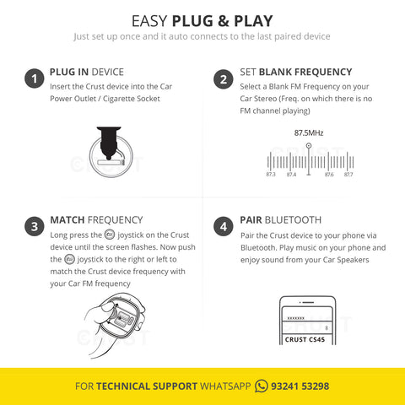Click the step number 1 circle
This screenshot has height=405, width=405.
(x=33, y=79)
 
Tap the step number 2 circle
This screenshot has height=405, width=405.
(x=223, y=79)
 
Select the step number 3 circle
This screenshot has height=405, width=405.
(x=33, y=225)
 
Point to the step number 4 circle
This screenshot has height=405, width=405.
(x=223, y=225)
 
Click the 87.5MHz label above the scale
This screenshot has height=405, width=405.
(x=309, y=132)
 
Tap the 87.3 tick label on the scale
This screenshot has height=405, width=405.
(x=271, y=175)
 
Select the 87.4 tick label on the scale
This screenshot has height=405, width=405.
(x=291, y=175)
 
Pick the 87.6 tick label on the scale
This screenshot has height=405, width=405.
(x=328, y=175)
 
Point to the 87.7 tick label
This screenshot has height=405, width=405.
(x=348, y=175)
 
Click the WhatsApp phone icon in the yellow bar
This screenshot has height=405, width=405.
(x=262, y=386)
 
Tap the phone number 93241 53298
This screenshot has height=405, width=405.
(x=300, y=386)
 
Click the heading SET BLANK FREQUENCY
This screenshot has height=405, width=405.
(x=284, y=73)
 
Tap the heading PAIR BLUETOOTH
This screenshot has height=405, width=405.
(x=280, y=219)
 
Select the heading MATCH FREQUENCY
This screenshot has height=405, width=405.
(x=96, y=219)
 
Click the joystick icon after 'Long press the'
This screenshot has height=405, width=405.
(x=109, y=234)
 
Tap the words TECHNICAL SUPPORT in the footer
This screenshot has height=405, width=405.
(x=147, y=386)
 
